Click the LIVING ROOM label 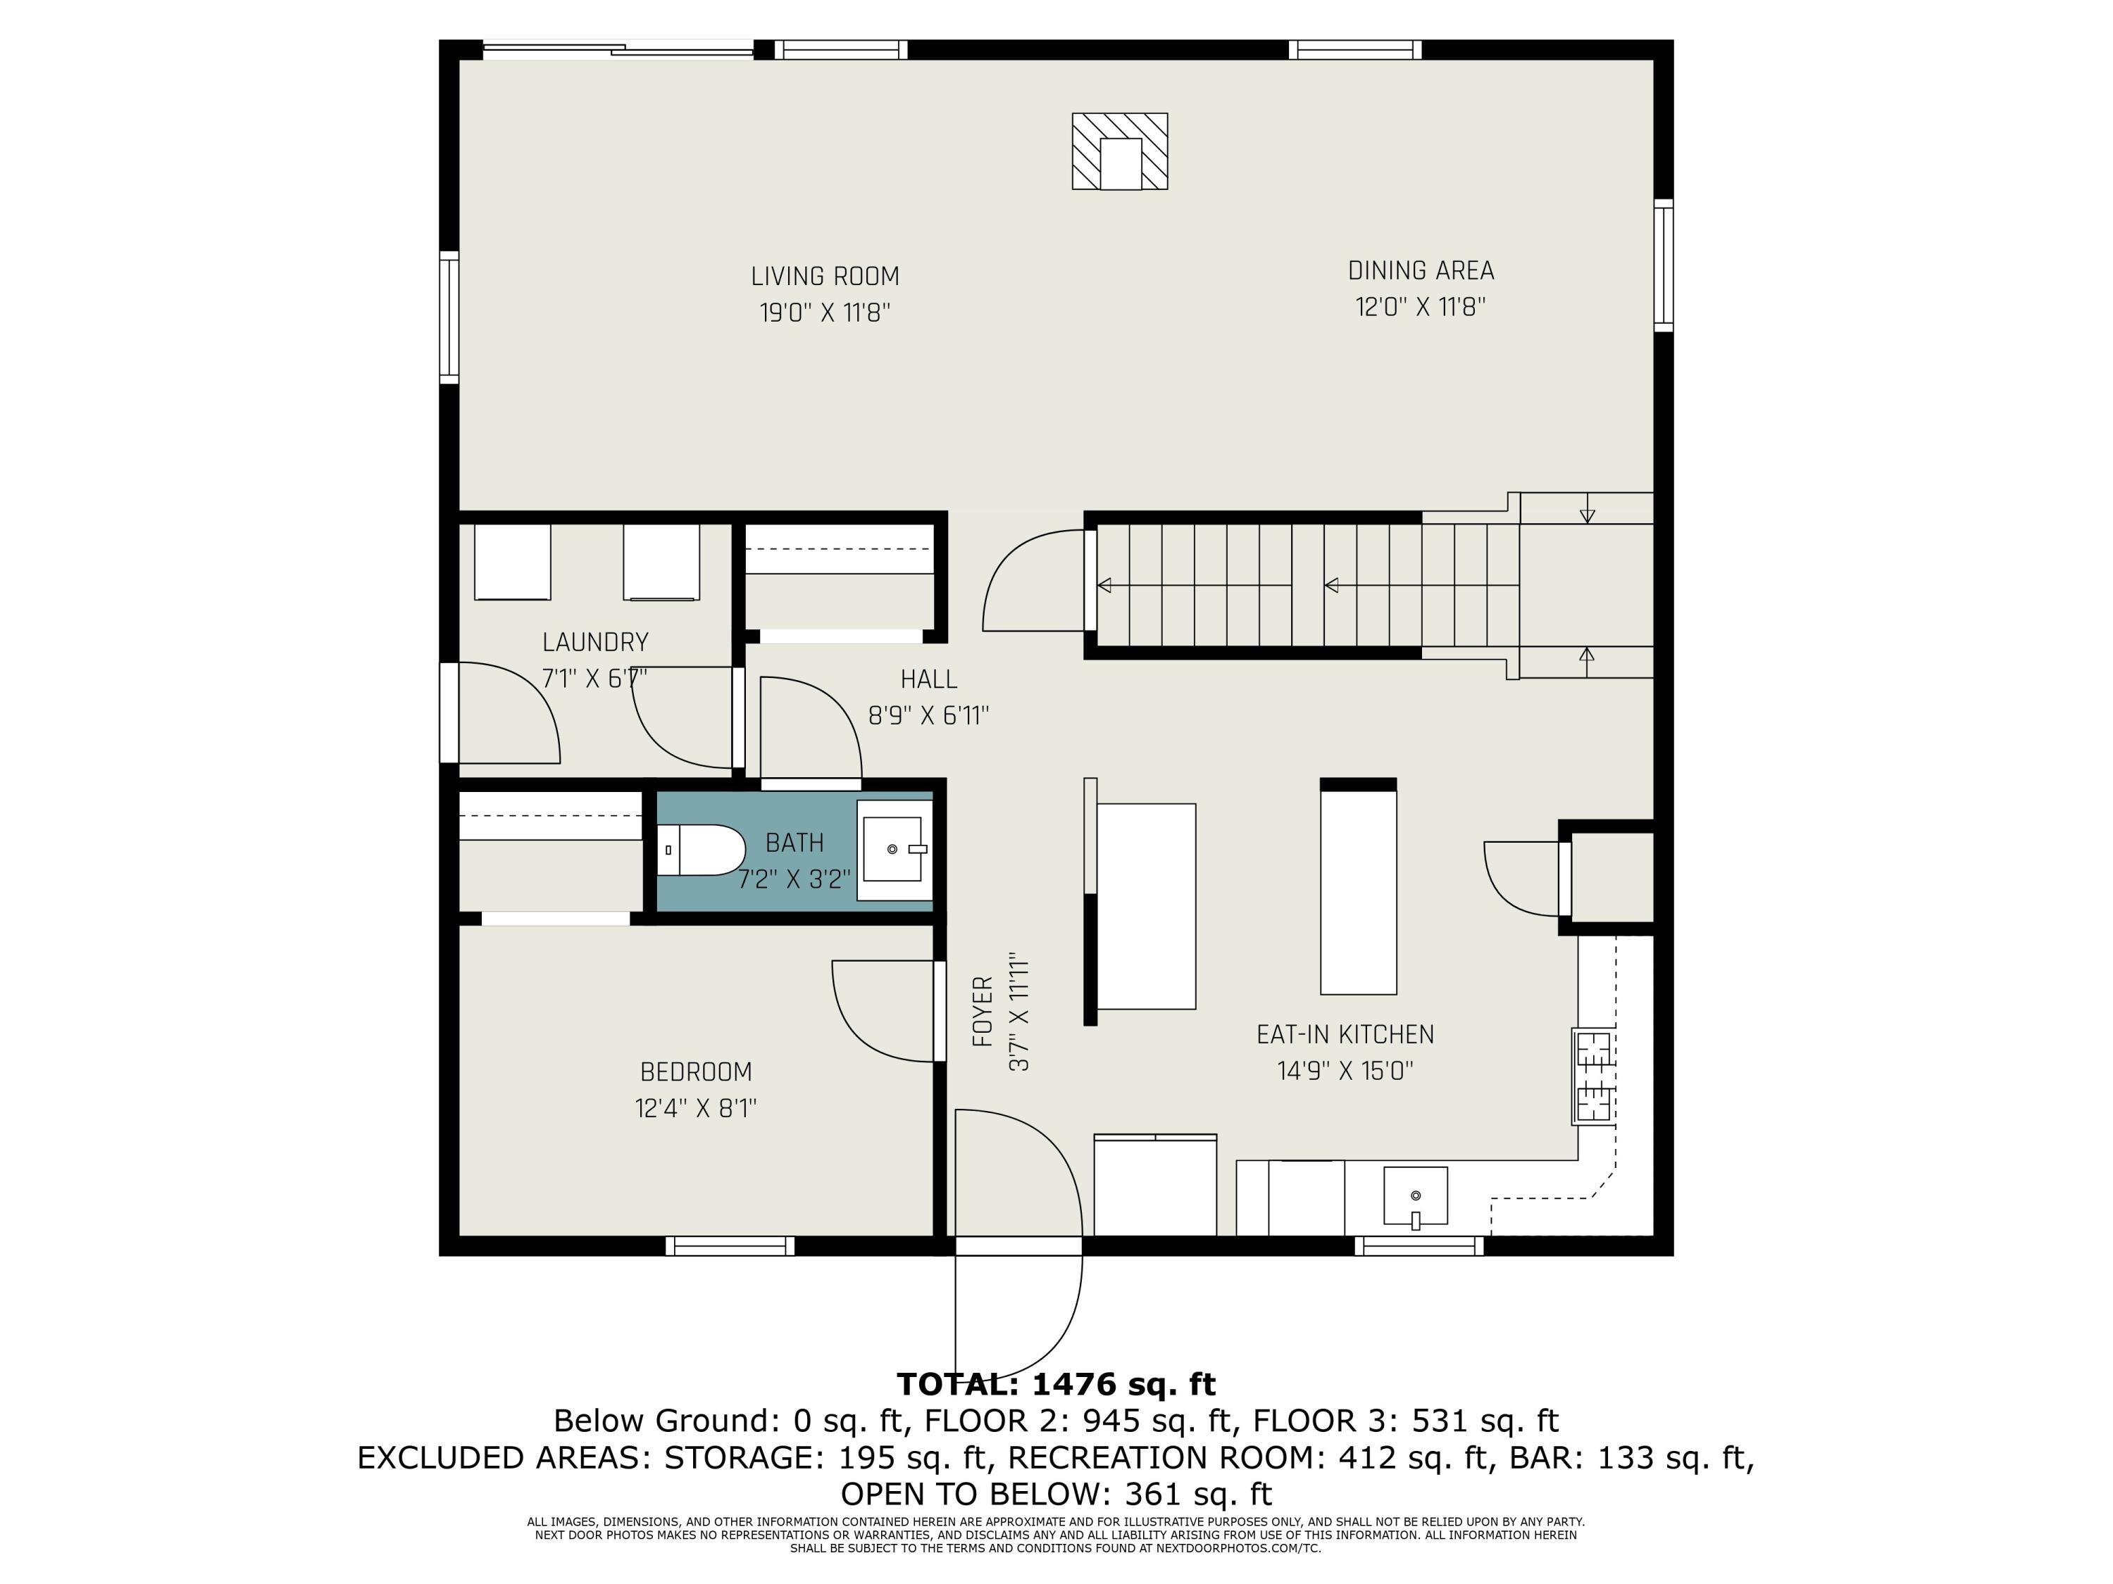tap(825, 277)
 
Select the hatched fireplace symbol tap(1120, 151)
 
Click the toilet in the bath tap(701, 850)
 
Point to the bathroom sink tap(894, 850)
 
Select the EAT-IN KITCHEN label tap(1345, 1034)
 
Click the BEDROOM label tap(697, 1071)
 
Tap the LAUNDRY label tap(595, 641)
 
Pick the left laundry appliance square tap(513, 561)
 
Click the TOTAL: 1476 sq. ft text tap(1056, 1383)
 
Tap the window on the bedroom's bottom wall tap(730, 1246)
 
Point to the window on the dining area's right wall tap(1663, 265)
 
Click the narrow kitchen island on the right tap(1357, 886)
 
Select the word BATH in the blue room tap(794, 843)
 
